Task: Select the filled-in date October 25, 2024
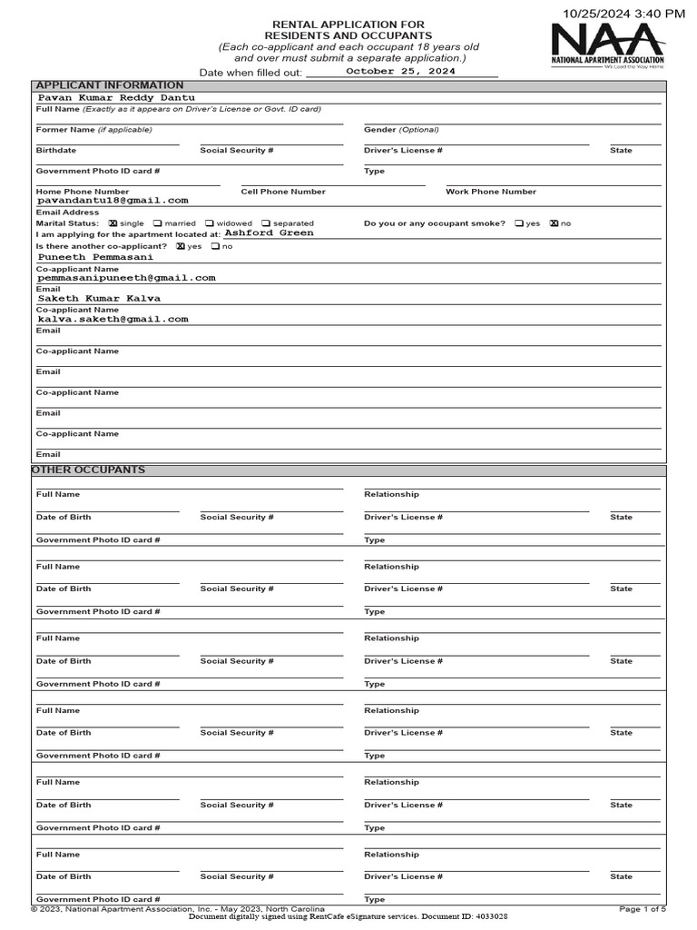pyautogui.click(x=400, y=71)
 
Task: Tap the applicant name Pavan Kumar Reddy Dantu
pyautogui.click(x=115, y=97)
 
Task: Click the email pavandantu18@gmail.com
pyautogui.click(x=113, y=200)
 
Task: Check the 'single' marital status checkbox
pyautogui.click(x=113, y=223)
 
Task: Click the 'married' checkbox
pyautogui.click(x=158, y=223)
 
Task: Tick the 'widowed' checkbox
pyautogui.click(x=210, y=223)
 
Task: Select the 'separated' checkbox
pyautogui.click(x=266, y=223)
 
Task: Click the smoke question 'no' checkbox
pyautogui.click(x=554, y=223)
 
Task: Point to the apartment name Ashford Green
pyautogui.click(x=269, y=233)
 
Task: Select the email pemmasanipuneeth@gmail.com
pyautogui.click(x=126, y=278)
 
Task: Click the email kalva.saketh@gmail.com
pyautogui.click(x=113, y=320)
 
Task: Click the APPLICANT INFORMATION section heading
pyautogui.click(x=109, y=85)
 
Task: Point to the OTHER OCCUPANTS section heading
pyautogui.click(x=88, y=470)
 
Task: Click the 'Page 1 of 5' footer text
pyautogui.click(x=643, y=908)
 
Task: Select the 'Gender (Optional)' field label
pyautogui.click(x=401, y=130)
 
